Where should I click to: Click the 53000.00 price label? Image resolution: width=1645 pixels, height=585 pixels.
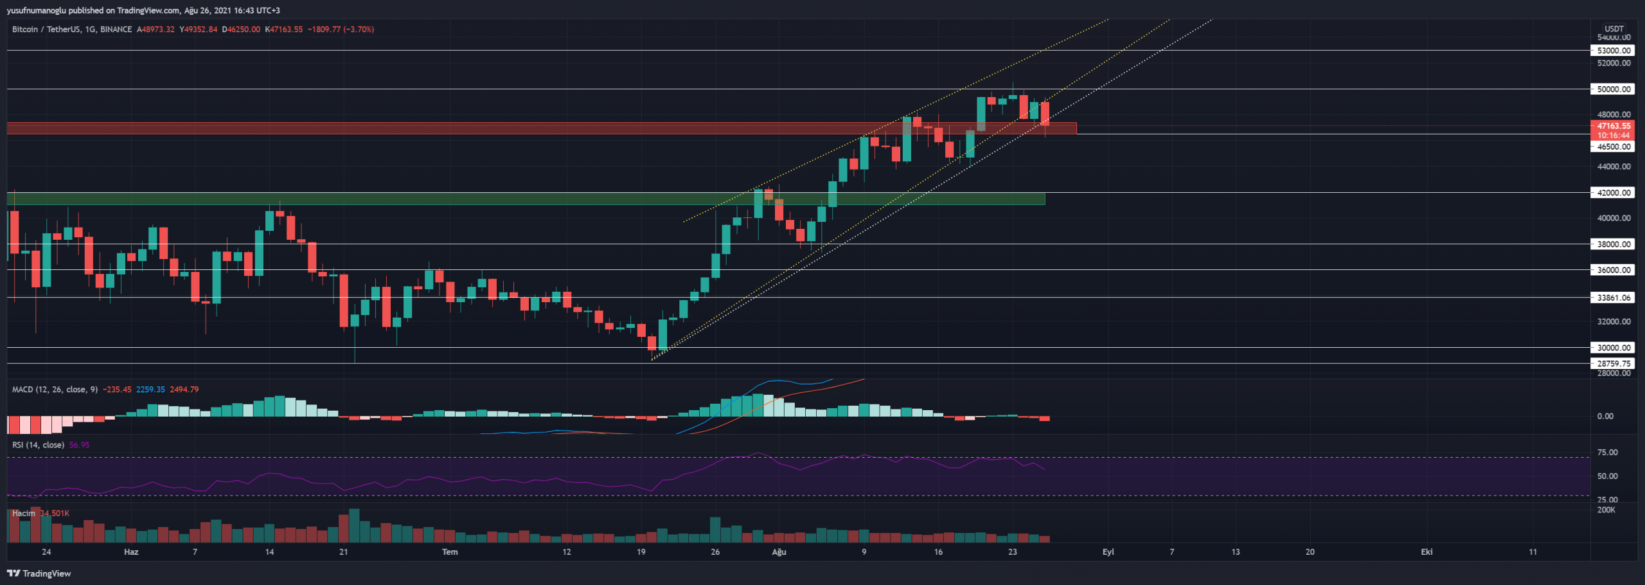(x=1614, y=50)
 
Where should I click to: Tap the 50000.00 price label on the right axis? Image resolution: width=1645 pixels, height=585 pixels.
(x=1614, y=89)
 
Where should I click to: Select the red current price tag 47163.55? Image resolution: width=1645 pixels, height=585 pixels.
(x=1614, y=126)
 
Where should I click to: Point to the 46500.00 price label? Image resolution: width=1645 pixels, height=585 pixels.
(x=1614, y=147)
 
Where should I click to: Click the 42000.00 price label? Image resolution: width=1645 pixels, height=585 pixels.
(x=1614, y=193)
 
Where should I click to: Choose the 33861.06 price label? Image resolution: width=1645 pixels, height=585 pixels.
(x=1614, y=298)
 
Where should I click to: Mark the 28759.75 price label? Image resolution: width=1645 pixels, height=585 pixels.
(x=1614, y=363)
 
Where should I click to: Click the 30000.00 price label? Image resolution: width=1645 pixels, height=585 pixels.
(x=1614, y=348)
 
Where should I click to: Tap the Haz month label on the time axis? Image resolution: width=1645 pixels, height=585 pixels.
(x=131, y=552)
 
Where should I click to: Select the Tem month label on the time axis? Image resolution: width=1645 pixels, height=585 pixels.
(x=450, y=552)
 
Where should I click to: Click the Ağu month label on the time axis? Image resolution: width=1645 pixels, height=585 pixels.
(x=779, y=552)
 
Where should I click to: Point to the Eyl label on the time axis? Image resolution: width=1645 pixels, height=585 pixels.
(x=1108, y=552)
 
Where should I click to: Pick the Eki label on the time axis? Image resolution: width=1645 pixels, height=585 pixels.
(x=1427, y=552)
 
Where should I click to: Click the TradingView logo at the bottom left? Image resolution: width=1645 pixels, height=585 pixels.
(x=39, y=573)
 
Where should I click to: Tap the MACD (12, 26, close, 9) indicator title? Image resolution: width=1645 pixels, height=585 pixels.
(x=55, y=390)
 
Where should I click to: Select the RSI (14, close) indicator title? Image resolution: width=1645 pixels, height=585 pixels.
(x=38, y=445)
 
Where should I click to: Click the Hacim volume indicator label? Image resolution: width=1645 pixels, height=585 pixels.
(x=24, y=513)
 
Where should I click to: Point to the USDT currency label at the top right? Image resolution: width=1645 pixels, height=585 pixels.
(x=1614, y=29)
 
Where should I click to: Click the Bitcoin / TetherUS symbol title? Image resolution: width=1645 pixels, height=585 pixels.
(x=45, y=30)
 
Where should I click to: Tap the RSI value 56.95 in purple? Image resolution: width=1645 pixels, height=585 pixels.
(x=79, y=445)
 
